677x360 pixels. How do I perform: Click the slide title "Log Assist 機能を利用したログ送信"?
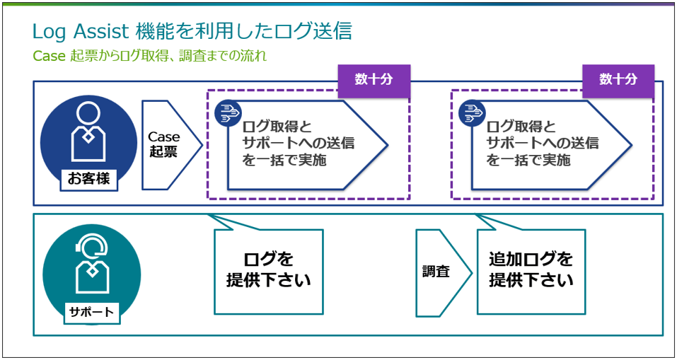(192, 31)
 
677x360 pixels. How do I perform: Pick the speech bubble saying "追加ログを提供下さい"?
(531, 269)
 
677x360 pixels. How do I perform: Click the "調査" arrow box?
(438, 272)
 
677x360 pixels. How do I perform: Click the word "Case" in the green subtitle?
(49, 55)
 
